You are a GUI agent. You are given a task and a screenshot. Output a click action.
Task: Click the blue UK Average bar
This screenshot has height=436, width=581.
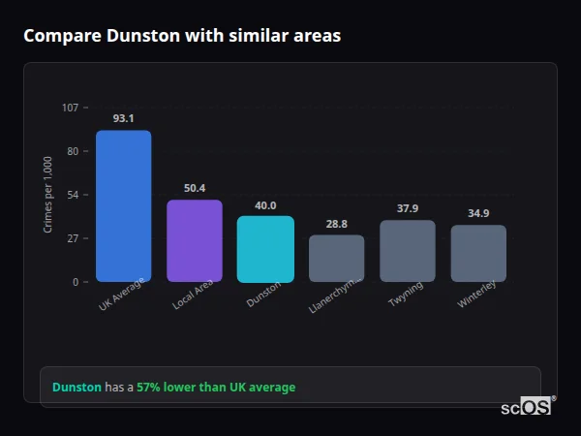(x=123, y=206)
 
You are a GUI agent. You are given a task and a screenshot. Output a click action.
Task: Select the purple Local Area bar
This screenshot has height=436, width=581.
(x=195, y=241)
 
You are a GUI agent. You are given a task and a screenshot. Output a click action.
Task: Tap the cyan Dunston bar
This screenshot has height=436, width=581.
(x=265, y=249)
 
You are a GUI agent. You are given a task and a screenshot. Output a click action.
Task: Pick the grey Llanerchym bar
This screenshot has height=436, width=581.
(x=336, y=259)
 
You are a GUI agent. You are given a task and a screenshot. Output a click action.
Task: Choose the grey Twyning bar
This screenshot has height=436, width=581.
(x=408, y=251)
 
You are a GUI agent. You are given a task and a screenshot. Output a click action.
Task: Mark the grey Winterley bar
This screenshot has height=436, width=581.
(x=478, y=254)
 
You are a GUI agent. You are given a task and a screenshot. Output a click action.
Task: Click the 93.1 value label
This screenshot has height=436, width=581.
(x=123, y=118)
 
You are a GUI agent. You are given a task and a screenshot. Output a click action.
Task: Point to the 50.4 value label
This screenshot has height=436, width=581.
(x=195, y=188)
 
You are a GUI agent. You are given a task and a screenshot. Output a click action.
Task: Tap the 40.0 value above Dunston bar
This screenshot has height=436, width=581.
(x=265, y=205)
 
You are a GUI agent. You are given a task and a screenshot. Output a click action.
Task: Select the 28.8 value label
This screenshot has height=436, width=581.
(x=336, y=224)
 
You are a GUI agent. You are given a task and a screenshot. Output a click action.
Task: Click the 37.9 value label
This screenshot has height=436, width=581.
(x=408, y=208)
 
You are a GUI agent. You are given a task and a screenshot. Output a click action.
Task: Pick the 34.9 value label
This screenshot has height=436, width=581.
(x=478, y=213)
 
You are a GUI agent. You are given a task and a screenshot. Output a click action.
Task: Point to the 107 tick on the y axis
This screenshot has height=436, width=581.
(x=71, y=108)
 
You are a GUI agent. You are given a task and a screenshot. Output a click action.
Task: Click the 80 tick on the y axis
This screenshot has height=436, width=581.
(x=74, y=151)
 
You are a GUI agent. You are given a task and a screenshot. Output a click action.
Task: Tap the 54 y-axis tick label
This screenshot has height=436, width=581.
(x=74, y=195)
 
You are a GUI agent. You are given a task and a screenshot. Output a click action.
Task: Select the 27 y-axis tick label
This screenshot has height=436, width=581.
(x=74, y=238)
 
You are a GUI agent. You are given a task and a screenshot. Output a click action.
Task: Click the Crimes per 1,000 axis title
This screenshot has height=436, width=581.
(x=48, y=195)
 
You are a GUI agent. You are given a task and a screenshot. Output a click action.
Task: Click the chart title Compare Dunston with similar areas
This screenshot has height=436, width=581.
(x=182, y=36)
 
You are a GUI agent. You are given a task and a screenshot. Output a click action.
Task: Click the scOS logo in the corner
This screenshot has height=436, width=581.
(x=527, y=407)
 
